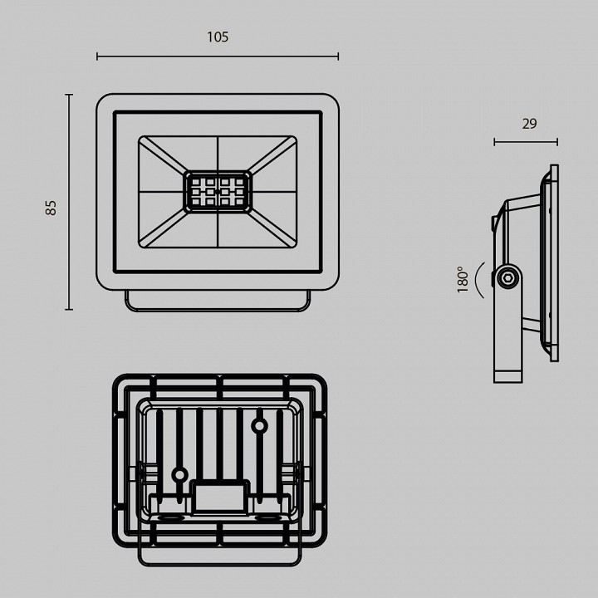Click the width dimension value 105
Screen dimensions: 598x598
point(218,37)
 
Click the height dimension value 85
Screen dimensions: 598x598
point(51,208)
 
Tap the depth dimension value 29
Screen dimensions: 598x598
point(529,124)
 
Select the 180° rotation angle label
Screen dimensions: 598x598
point(463,279)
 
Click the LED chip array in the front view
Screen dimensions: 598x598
point(218,192)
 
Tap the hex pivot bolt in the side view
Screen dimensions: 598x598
point(507,277)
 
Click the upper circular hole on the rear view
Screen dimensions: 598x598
point(259,427)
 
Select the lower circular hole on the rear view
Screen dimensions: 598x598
point(179,475)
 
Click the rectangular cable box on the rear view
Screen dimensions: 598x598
point(221,497)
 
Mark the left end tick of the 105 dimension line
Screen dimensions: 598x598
point(97,56)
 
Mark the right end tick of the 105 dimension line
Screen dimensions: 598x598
point(338,56)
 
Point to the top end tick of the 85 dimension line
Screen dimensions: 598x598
point(69,95)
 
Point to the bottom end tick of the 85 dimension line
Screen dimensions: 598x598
point(69,310)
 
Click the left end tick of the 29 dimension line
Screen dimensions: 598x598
point(494,142)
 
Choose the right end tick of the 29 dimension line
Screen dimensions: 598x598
point(557,142)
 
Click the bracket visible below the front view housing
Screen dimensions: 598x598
point(218,301)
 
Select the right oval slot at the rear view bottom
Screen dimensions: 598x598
point(267,518)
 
